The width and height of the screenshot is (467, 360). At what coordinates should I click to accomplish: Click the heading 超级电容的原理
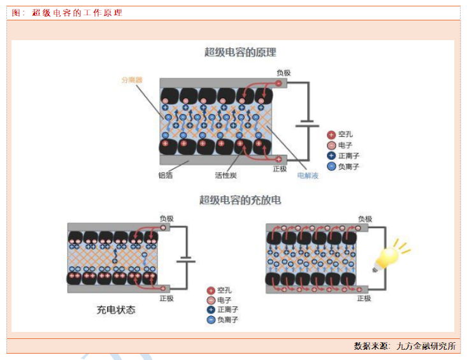point(240,53)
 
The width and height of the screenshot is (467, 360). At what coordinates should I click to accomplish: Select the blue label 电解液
point(308,175)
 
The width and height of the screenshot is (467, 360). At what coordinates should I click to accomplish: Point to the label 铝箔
point(165,175)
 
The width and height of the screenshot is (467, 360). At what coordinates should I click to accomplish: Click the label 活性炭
point(226,175)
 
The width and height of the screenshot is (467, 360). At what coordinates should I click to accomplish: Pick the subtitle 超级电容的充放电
point(240,200)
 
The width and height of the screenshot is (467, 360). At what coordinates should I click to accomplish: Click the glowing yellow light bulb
point(389,256)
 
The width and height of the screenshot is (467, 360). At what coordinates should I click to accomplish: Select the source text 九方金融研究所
point(426,346)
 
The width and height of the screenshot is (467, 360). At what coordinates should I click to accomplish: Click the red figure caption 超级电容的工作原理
point(77,13)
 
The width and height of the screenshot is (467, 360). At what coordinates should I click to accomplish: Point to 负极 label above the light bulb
point(364,219)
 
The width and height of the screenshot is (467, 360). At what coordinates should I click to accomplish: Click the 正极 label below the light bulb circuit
point(364,298)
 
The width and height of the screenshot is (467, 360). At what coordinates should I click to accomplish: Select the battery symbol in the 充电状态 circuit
point(186,260)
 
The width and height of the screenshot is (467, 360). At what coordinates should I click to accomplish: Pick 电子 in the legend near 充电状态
point(224,300)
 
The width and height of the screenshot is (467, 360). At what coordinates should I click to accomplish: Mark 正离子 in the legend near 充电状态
point(227,310)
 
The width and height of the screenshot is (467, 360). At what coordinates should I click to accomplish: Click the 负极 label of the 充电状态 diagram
point(166,219)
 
